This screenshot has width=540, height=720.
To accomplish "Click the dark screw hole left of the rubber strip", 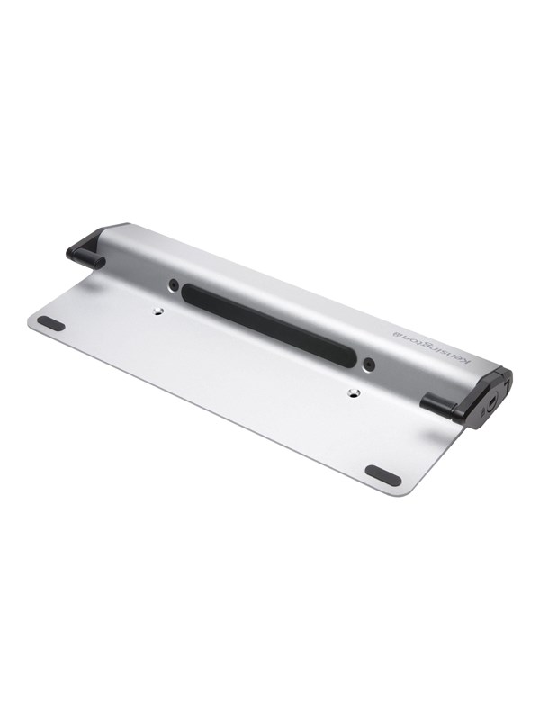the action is coord(174,284).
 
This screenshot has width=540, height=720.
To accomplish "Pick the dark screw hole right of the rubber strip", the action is coord(368,364).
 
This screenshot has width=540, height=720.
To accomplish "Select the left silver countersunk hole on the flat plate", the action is coord(157,311).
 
